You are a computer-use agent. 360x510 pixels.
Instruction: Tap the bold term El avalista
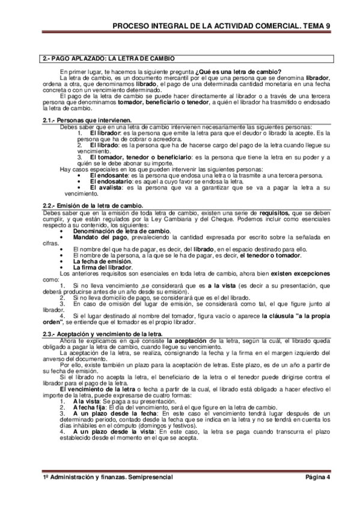(106, 188)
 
